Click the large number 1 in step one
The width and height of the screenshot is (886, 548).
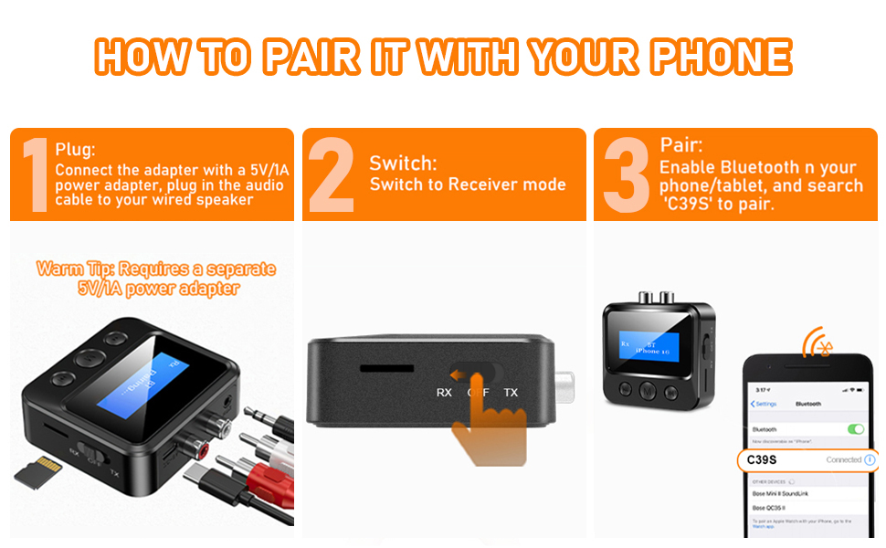(x=34, y=174)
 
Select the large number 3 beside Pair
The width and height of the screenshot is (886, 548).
(x=626, y=174)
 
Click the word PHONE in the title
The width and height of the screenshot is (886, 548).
(x=720, y=58)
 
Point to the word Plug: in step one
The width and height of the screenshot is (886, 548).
(x=75, y=150)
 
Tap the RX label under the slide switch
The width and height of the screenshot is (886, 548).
(x=444, y=393)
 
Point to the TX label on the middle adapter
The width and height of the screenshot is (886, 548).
(x=511, y=393)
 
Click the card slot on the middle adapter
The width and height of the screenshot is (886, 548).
(x=384, y=369)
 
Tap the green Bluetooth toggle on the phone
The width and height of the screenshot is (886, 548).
(x=855, y=428)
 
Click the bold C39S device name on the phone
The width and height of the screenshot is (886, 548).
(x=763, y=459)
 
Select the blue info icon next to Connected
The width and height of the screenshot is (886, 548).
(x=870, y=459)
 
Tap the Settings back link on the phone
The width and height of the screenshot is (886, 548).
(x=765, y=404)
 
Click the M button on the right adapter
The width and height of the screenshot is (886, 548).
(x=648, y=390)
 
